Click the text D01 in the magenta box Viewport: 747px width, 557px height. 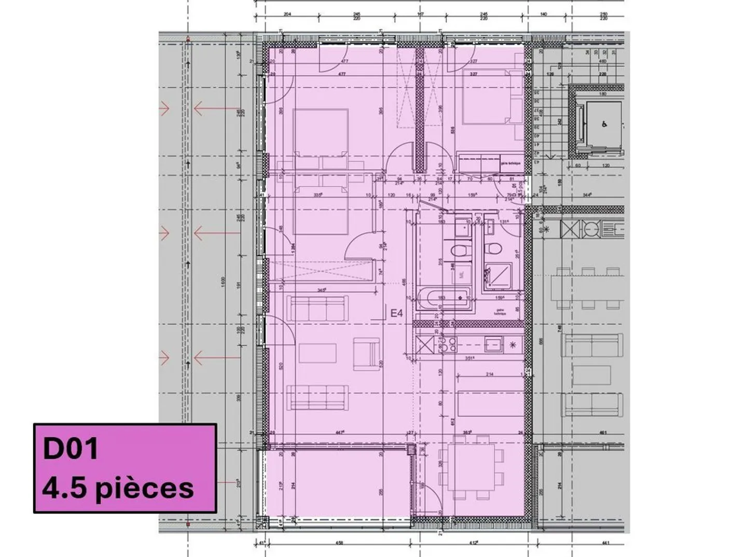point(71,449)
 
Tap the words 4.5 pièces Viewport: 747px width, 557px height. point(118,489)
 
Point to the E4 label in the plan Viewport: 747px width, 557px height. point(397,313)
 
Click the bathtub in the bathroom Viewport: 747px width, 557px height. point(444,298)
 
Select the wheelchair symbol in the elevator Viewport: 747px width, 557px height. point(604,124)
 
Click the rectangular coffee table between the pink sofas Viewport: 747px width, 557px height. point(317,354)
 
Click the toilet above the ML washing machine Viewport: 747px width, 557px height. point(459,251)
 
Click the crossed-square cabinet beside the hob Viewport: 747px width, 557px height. point(425,344)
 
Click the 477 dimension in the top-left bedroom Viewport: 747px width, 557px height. point(343,62)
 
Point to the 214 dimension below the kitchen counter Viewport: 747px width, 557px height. point(490,374)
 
